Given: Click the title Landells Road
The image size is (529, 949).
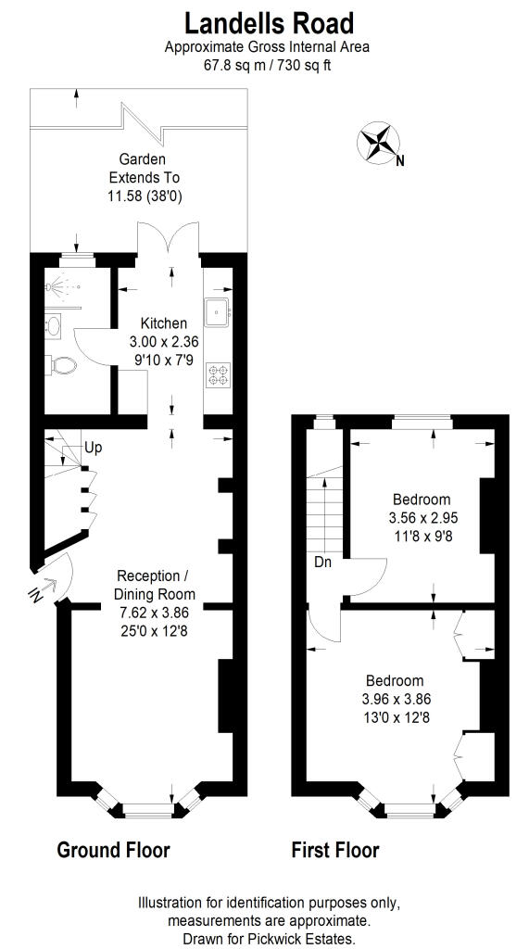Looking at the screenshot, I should pyautogui.click(x=269, y=22).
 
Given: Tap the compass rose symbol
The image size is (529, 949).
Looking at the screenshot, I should pyautogui.click(x=378, y=143).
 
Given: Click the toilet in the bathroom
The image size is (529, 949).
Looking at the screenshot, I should pyautogui.click(x=63, y=364).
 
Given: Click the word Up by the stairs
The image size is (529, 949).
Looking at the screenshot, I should pyautogui.click(x=94, y=448).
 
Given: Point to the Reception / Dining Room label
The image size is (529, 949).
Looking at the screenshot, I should pyautogui.click(x=155, y=585).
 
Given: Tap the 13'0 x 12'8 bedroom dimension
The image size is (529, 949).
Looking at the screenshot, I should pyautogui.click(x=397, y=717).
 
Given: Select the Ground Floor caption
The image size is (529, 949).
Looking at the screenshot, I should pyautogui.click(x=114, y=849).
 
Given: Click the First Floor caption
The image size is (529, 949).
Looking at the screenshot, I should pyautogui.click(x=335, y=849).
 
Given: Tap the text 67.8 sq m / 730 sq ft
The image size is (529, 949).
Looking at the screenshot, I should pyautogui.click(x=268, y=65).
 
